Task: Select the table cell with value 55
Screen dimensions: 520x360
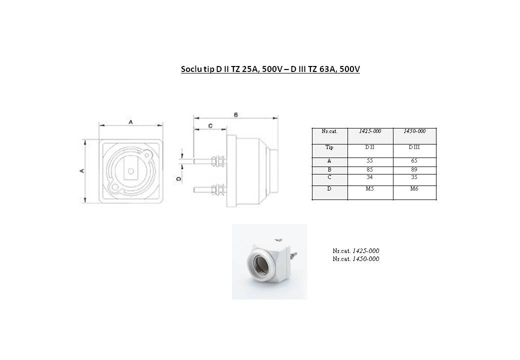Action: point(370,162)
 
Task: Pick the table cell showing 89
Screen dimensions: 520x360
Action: point(414,170)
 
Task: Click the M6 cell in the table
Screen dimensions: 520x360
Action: point(414,192)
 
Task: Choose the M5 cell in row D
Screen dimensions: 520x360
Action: point(370,192)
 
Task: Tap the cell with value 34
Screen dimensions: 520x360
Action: point(370,179)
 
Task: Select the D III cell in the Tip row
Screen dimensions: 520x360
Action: point(414,151)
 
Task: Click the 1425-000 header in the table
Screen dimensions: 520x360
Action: point(370,131)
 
